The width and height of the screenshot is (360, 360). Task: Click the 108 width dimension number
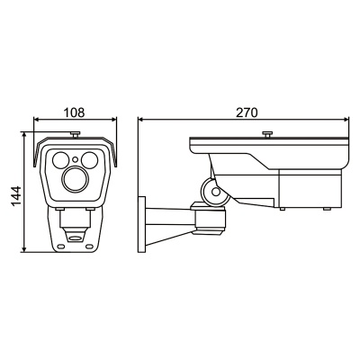(x=75, y=112)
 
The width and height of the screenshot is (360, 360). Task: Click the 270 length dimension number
(x=247, y=112)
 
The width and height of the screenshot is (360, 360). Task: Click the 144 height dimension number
(x=16, y=196)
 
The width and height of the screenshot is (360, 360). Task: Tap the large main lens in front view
(x=75, y=179)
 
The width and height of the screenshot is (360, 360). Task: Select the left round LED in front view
(x=61, y=160)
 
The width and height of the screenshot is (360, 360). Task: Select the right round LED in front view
(x=89, y=160)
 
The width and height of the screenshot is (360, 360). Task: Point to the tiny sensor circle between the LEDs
(x=76, y=159)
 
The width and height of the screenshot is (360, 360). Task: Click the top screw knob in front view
(x=75, y=134)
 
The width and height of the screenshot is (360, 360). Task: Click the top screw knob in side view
(x=266, y=134)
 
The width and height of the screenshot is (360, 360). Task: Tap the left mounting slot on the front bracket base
(x=61, y=247)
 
